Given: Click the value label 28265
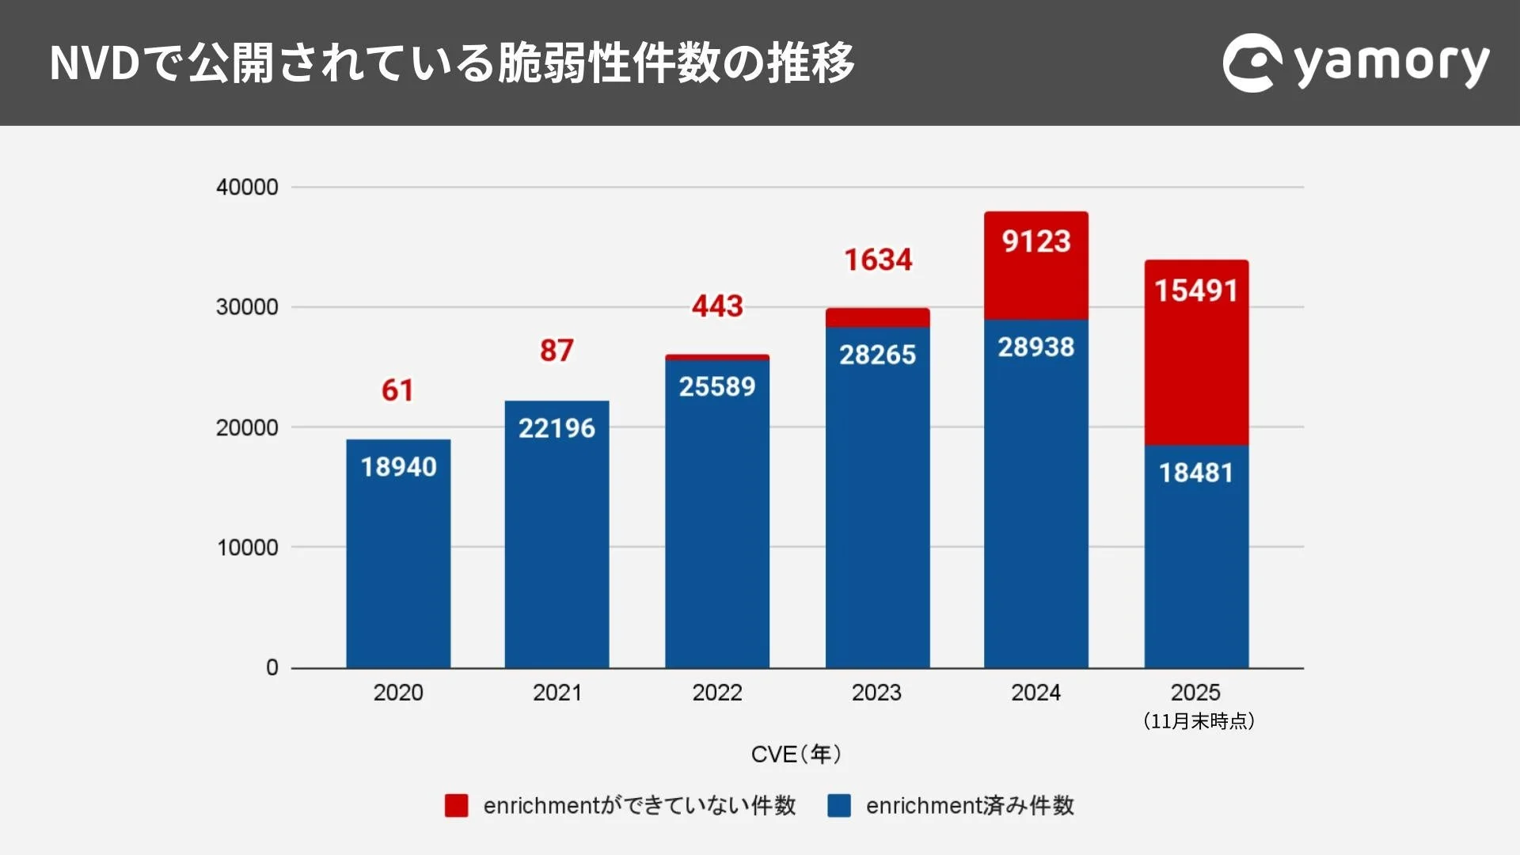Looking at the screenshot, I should (x=877, y=355).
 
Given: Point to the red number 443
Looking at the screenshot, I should (x=717, y=306).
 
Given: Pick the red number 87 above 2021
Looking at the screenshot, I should (x=557, y=351).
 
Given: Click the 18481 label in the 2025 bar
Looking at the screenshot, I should (x=1196, y=473).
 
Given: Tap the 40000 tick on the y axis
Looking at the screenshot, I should (x=247, y=188).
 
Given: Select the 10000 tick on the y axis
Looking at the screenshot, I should (x=247, y=547).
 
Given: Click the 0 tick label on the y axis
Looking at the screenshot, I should (x=272, y=667).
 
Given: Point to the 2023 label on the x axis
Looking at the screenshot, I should (x=876, y=693).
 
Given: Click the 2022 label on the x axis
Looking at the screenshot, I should (x=717, y=693).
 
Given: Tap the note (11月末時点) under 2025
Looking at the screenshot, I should (x=1198, y=721).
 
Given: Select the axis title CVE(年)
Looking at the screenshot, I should (x=796, y=754).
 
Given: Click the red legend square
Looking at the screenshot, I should (x=456, y=805).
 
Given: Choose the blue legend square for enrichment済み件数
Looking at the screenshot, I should (x=839, y=805).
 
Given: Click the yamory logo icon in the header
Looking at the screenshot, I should (x=1252, y=63).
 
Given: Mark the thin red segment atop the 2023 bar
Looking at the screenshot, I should (x=877, y=317).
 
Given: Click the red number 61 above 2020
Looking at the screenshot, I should (x=397, y=390).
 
